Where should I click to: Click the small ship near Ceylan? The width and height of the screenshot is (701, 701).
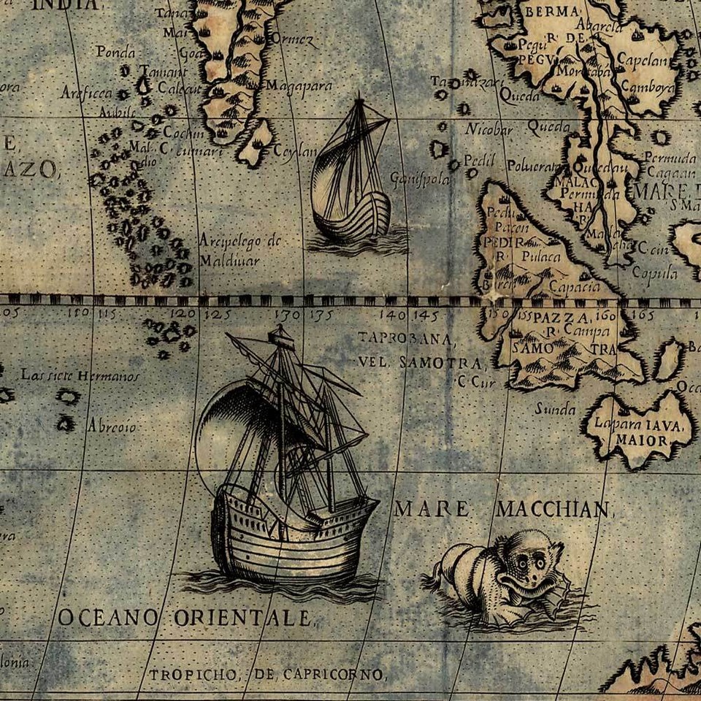350,179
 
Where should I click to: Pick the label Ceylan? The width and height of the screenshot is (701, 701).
296,151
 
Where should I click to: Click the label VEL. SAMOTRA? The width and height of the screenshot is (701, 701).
420,363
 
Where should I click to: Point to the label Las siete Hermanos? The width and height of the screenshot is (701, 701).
80,375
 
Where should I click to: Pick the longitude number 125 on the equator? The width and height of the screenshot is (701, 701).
217,315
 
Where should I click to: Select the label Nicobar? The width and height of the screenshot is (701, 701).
489,131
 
